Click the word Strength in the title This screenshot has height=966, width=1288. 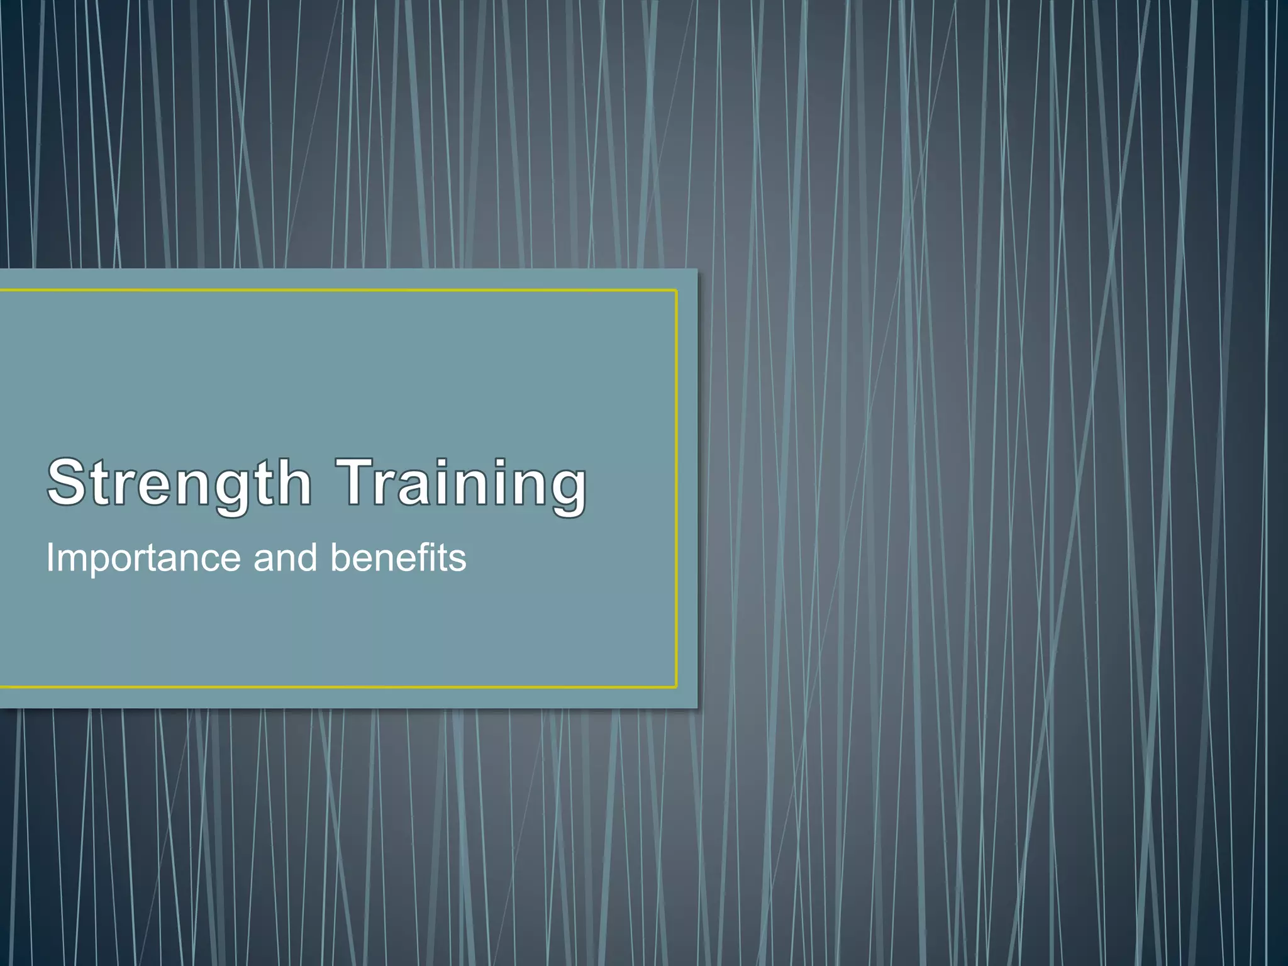[x=179, y=483]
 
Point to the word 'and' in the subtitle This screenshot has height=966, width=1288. [x=285, y=558]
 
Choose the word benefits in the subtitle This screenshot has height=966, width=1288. [x=398, y=558]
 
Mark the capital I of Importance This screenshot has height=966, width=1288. [x=51, y=558]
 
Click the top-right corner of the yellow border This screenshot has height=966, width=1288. [x=676, y=291]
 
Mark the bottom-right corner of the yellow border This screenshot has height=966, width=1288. [x=676, y=687]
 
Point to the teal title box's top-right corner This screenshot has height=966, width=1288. [x=697, y=270]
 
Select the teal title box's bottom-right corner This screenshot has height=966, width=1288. [x=697, y=708]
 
